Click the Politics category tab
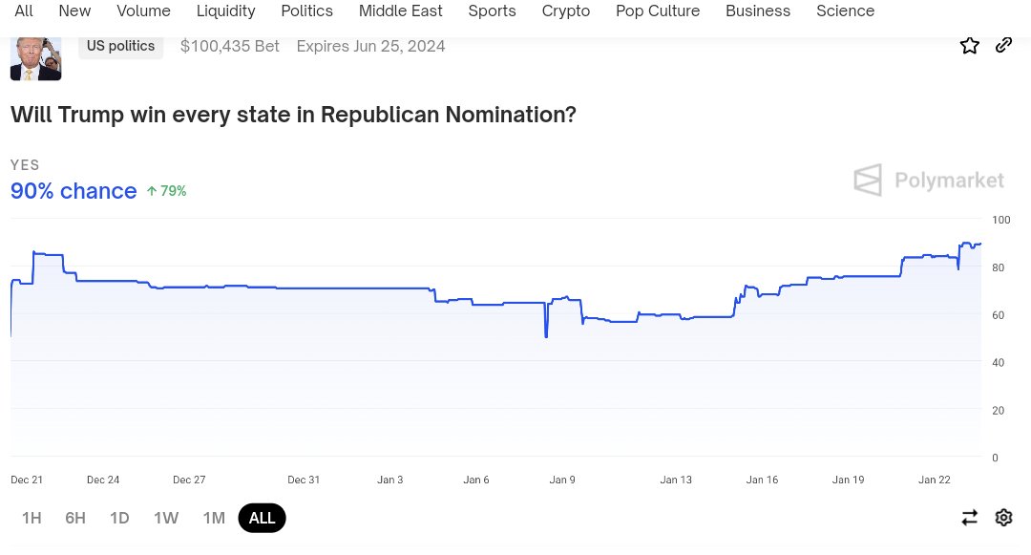(x=306, y=11)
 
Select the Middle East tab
(x=401, y=11)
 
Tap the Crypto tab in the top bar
(x=566, y=11)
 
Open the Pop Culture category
(x=658, y=11)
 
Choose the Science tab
(x=845, y=11)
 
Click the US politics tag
(x=120, y=46)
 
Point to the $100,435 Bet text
(x=229, y=46)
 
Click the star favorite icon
(x=970, y=45)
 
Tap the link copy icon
(x=1003, y=45)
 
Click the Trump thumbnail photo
(x=35, y=57)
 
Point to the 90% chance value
(x=74, y=191)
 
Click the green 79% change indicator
(x=166, y=191)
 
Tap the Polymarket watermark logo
(x=928, y=180)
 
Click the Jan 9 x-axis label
(x=562, y=480)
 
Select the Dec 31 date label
(x=304, y=480)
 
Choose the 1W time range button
(x=166, y=518)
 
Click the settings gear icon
(x=1003, y=518)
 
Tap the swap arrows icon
(x=970, y=518)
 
